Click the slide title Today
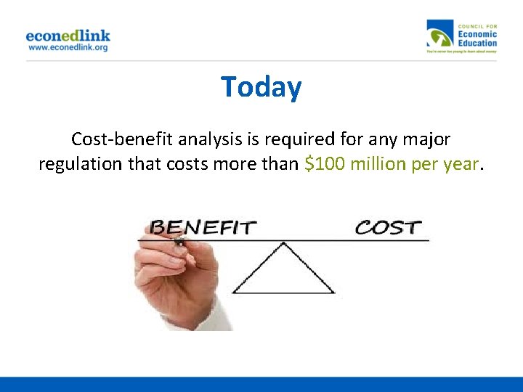point(261,87)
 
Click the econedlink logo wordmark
point(68,35)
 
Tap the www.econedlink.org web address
point(68,47)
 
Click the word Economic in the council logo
point(477,34)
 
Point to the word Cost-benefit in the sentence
point(113,139)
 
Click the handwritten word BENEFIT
point(203,227)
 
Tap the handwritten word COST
point(388,227)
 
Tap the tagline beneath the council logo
point(462,52)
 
